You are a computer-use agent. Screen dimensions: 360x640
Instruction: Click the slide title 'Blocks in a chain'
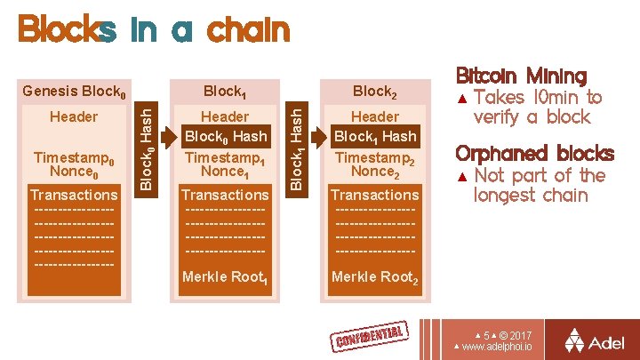154,30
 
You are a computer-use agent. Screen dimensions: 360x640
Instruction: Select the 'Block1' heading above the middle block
224,92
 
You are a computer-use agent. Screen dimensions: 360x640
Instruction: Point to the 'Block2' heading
374,92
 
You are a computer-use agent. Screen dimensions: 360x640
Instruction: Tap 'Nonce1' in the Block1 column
225,172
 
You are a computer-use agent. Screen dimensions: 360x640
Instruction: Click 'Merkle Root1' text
224,277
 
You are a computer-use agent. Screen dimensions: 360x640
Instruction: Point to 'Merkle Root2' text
374,277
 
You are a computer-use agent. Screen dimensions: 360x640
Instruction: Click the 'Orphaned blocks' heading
534,153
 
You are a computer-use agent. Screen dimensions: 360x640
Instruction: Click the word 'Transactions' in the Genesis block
74,195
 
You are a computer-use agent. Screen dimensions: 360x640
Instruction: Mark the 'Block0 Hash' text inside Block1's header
225,137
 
